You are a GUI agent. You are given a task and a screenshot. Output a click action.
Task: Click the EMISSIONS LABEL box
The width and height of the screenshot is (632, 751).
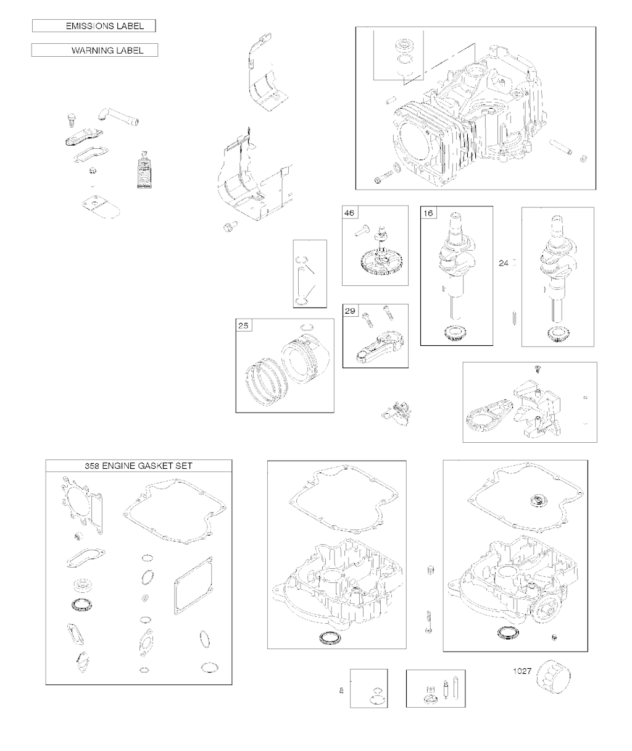coord(94,26)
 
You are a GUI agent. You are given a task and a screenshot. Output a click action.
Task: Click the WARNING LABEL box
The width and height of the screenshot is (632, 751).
coord(94,51)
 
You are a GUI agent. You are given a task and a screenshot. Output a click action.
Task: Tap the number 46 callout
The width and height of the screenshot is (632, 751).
coord(349,213)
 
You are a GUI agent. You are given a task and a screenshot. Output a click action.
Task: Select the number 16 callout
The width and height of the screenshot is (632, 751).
coord(428,213)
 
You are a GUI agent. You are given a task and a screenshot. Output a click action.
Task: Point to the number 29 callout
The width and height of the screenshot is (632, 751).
coord(350,311)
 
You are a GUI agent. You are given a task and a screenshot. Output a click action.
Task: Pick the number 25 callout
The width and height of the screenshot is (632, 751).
coord(243,326)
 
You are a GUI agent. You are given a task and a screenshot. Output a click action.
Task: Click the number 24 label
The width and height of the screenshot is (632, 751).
coord(504,263)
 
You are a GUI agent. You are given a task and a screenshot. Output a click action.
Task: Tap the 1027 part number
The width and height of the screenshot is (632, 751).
coord(522,671)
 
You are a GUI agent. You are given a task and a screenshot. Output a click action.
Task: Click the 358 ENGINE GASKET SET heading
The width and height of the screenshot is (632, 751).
coord(138,466)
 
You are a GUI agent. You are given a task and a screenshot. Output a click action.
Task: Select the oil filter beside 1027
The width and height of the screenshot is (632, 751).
coord(554,676)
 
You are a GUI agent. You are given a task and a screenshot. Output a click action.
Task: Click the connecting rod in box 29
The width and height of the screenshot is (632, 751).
coord(380,346)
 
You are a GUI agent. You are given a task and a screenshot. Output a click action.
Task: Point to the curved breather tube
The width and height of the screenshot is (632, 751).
coord(118,117)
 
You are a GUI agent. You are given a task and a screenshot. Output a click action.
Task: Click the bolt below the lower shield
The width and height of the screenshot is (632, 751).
coord(230,226)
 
